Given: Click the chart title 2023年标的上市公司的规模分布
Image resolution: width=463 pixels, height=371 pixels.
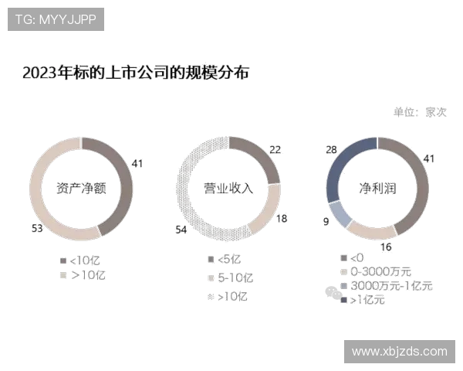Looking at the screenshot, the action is click(136, 73).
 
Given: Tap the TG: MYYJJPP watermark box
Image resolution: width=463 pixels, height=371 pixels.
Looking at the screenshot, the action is click(56, 19).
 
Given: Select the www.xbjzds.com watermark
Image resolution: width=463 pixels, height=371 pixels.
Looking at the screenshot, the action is click(400, 352).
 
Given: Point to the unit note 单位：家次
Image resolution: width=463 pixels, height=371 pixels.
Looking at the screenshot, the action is click(420, 112).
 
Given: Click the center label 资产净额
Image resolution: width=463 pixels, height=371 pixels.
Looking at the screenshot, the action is click(81, 188).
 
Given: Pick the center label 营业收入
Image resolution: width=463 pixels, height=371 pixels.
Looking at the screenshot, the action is click(228, 188).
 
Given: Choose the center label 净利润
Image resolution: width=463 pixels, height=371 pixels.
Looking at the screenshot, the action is click(377, 188).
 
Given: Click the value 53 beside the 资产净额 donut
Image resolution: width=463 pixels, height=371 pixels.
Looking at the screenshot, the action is click(37, 229).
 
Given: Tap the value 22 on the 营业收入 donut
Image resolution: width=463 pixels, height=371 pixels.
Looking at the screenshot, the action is click(275, 150).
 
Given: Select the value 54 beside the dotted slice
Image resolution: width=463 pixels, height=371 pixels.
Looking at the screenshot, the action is click(181, 230).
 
